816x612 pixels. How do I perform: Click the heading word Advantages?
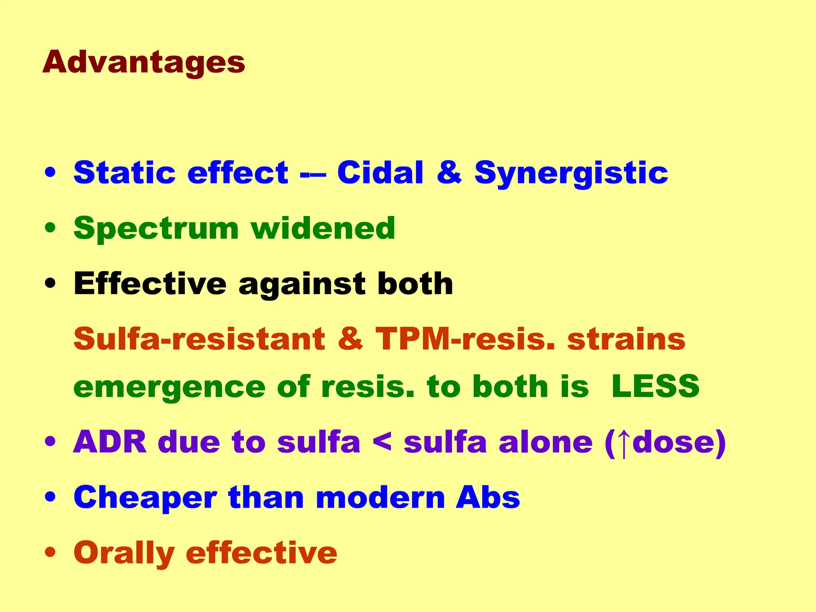143,63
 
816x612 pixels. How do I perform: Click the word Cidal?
380,173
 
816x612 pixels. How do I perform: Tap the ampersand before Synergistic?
449,173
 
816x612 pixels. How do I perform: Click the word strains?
626,339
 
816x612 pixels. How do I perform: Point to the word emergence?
169,387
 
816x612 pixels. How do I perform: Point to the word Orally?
124,554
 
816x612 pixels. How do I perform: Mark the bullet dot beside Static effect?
50,173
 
